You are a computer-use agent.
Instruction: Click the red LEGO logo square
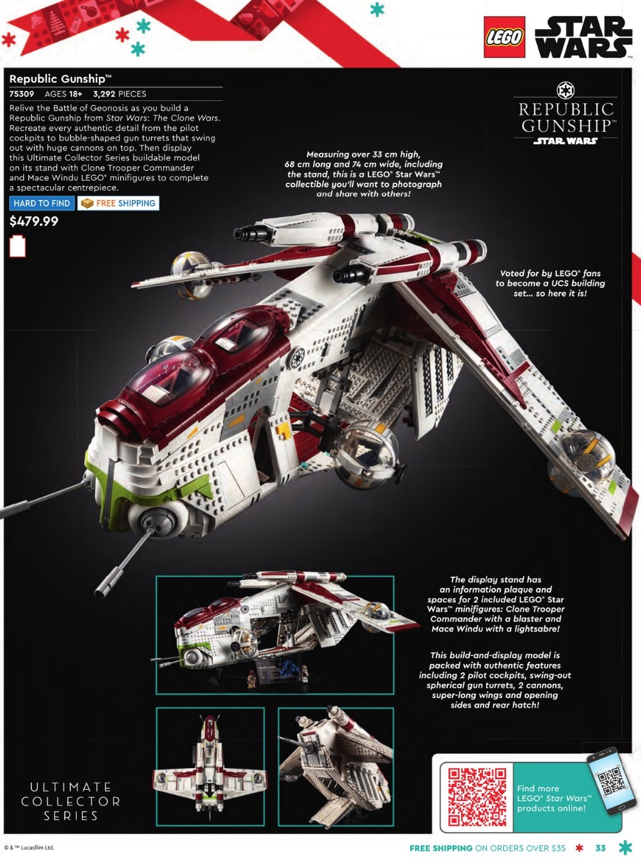[x=504, y=37]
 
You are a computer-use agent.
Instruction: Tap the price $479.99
[x=34, y=222]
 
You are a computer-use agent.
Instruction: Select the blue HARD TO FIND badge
[x=42, y=203]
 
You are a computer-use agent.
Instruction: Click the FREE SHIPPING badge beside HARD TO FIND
[x=118, y=203]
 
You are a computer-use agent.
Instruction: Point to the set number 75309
[x=22, y=94]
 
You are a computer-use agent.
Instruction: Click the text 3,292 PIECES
[x=120, y=94]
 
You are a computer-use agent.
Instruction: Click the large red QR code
[x=477, y=797]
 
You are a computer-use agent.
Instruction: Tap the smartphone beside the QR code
[x=611, y=780]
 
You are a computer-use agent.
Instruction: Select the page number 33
[x=600, y=848]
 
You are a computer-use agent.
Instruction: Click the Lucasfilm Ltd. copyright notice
[x=29, y=847]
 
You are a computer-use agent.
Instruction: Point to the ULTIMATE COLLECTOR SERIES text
[x=71, y=801]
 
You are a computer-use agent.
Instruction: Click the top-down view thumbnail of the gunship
[x=210, y=767]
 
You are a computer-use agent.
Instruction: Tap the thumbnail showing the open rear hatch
[x=335, y=767]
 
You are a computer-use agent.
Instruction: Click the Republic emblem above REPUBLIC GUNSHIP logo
[x=565, y=89]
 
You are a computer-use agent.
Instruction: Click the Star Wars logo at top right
[x=582, y=37]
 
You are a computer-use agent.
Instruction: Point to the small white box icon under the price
[x=17, y=246]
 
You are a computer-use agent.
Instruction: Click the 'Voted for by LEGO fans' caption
[x=550, y=283]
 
